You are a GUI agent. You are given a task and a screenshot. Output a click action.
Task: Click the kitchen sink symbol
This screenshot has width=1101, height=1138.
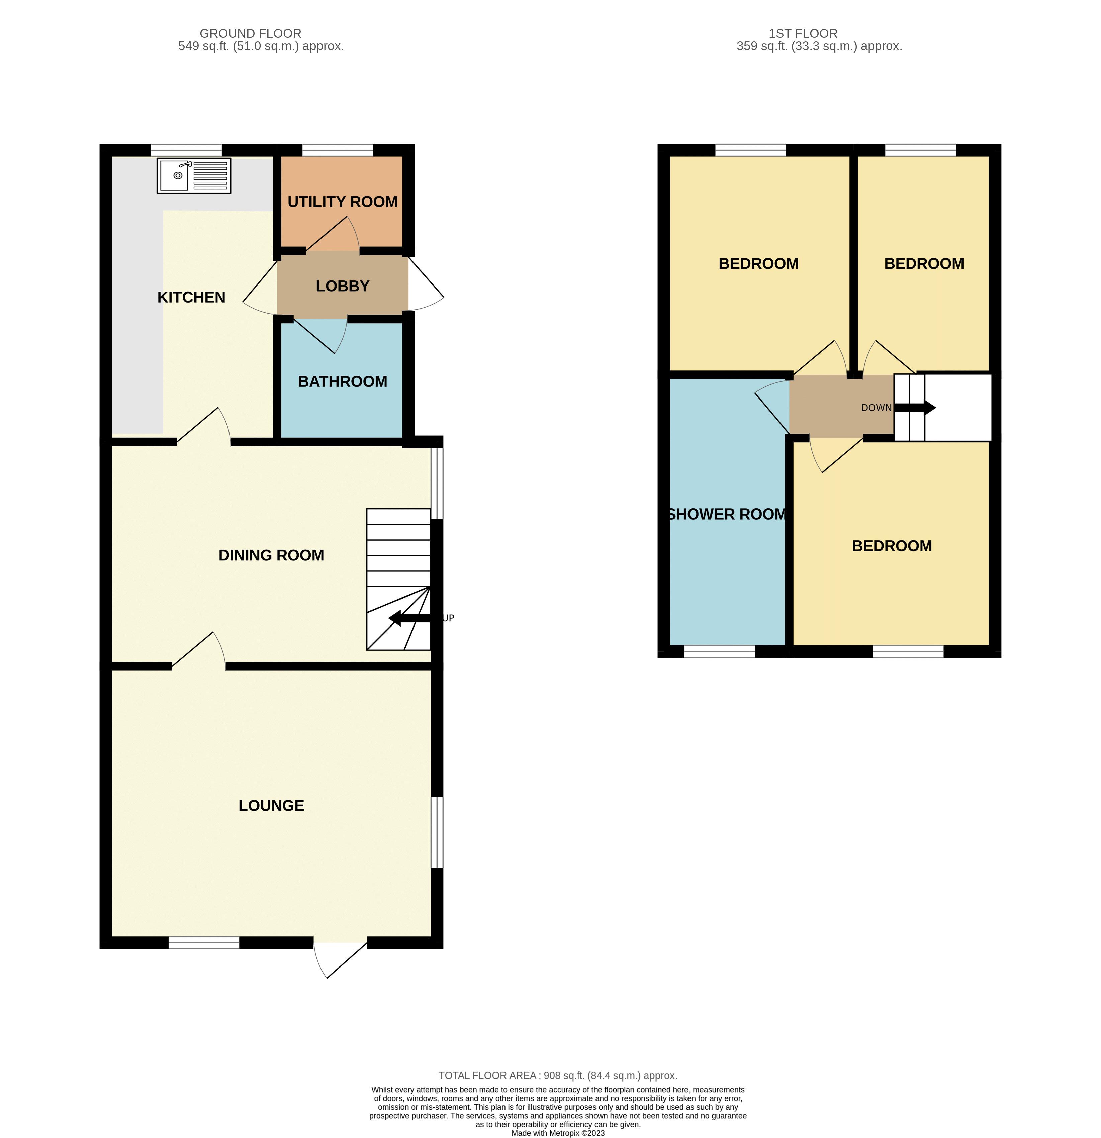pos(193,175)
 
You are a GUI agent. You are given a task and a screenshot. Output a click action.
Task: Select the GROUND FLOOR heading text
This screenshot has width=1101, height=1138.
pos(251,34)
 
